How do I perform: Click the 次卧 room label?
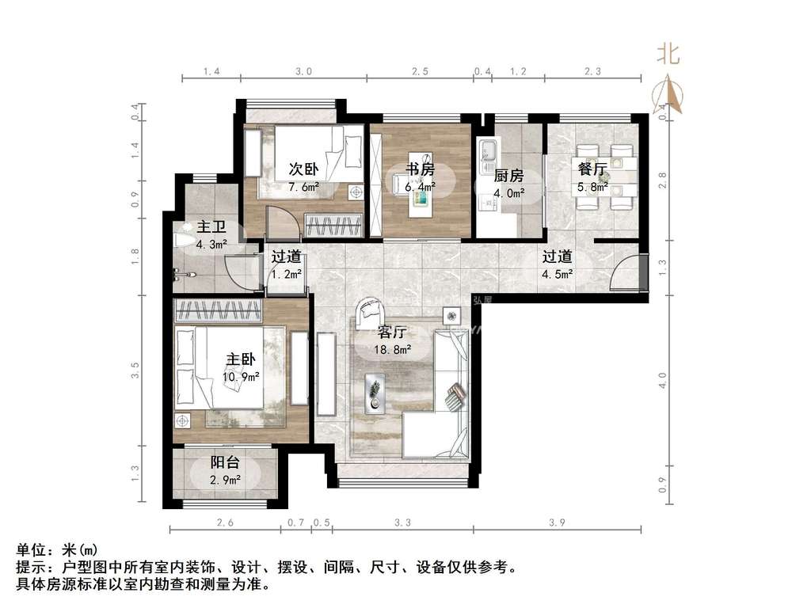click(303, 169)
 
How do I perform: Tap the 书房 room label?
click(420, 169)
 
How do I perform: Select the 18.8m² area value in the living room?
click(393, 350)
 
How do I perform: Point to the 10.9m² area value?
click(241, 378)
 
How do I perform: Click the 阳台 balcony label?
click(225, 462)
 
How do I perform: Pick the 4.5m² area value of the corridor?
click(557, 275)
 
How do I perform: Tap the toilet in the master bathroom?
click(185, 240)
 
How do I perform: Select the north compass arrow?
click(668, 93)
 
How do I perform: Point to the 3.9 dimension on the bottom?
click(557, 522)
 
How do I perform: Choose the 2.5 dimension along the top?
click(420, 71)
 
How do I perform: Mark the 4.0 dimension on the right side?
click(663, 381)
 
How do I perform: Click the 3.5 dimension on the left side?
click(135, 370)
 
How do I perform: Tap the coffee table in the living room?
click(375, 393)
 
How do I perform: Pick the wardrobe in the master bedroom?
click(218, 310)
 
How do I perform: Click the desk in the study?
click(421, 194)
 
